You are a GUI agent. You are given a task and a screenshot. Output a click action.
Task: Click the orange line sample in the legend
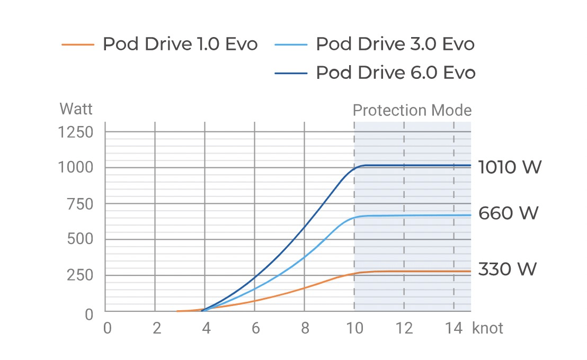(78, 44)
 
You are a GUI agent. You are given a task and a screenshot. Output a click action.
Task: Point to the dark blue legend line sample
(291, 73)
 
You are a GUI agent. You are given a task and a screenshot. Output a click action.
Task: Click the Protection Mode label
(412, 111)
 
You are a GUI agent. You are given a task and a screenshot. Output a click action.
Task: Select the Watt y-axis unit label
(76, 109)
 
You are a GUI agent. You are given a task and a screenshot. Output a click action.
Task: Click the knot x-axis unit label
(487, 328)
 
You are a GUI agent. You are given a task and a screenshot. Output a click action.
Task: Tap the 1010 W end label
(510, 167)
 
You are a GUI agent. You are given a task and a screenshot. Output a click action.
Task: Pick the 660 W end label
(508, 213)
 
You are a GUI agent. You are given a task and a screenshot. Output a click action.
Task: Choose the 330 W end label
(508, 269)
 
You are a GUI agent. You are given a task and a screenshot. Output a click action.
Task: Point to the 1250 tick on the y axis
(75, 132)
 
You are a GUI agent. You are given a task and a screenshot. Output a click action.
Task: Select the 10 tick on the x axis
(354, 328)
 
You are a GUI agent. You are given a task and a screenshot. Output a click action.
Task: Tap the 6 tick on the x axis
(255, 328)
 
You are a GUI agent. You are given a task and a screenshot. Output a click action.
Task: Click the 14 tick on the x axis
(453, 328)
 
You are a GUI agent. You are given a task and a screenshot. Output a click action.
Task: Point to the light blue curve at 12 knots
(404, 215)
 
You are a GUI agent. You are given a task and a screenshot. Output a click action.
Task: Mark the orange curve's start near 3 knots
(178, 311)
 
